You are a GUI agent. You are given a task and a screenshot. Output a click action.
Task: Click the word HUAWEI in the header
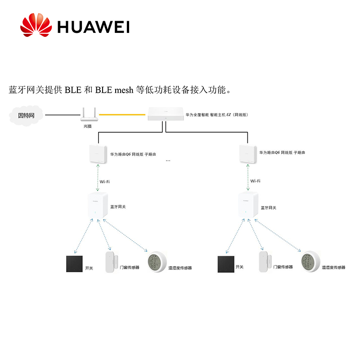pos(93,27)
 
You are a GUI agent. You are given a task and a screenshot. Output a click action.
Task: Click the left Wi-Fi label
pos(104,181)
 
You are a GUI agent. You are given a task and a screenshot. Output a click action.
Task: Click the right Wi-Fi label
pos(255,181)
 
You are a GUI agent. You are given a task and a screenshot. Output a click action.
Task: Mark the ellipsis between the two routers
pos(168,161)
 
